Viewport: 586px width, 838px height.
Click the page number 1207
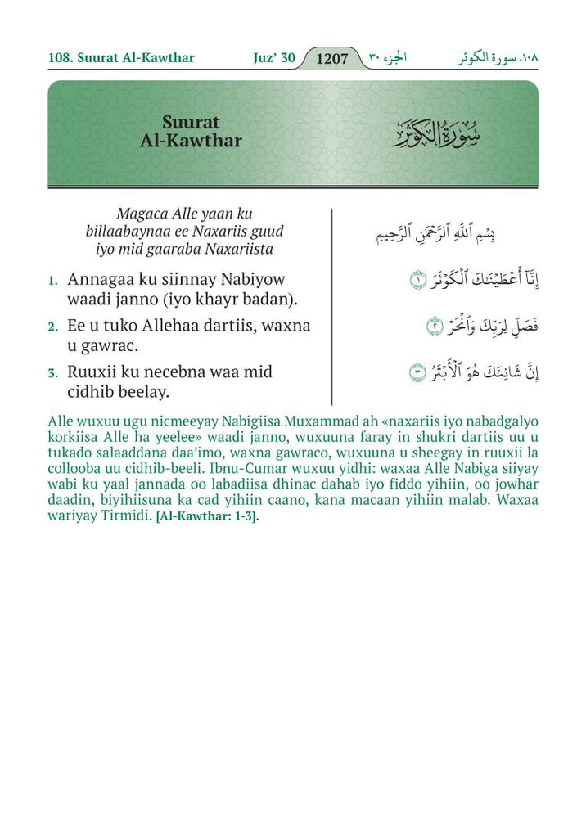331,59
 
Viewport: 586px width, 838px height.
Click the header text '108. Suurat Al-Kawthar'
121,58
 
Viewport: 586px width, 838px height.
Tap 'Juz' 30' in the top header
273,58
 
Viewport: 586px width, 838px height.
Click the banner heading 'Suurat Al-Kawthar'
191,132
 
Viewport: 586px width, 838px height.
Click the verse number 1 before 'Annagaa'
52,281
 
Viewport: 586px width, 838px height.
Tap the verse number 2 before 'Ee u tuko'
52,327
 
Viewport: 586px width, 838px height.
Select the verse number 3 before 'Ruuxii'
52,373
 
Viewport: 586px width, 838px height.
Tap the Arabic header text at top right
501,59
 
